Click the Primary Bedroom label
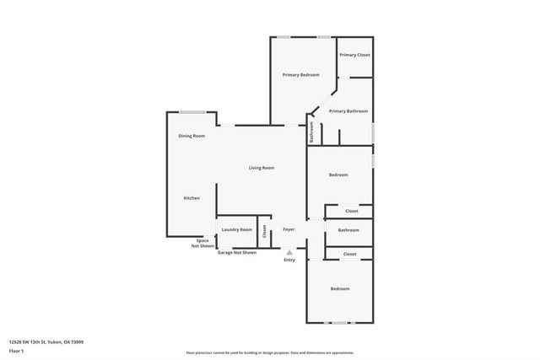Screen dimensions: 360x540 (x=300, y=75)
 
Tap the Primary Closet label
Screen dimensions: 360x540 (x=354, y=55)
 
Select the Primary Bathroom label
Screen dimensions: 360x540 (x=348, y=111)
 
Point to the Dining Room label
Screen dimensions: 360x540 (x=192, y=136)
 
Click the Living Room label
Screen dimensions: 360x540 (x=262, y=168)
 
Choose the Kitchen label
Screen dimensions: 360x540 (x=192, y=198)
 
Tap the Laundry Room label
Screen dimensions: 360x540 (x=236, y=229)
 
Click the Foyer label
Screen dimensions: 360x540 (x=289, y=229)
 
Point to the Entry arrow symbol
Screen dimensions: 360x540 (x=289, y=252)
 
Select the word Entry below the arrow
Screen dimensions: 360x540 (x=289, y=260)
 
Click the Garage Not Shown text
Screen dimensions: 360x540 (x=237, y=252)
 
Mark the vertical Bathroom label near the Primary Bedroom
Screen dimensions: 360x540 (x=310, y=132)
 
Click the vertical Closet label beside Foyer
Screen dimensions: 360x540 (x=264, y=230)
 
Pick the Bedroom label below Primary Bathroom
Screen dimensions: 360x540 (x=338, y=175)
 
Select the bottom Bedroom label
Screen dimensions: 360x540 (x=340, y=289)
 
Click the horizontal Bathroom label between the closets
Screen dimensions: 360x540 (x=348, y=230)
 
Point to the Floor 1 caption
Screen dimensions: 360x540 (x=16, y=350)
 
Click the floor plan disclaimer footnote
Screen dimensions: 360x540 (x=270, y=353)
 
